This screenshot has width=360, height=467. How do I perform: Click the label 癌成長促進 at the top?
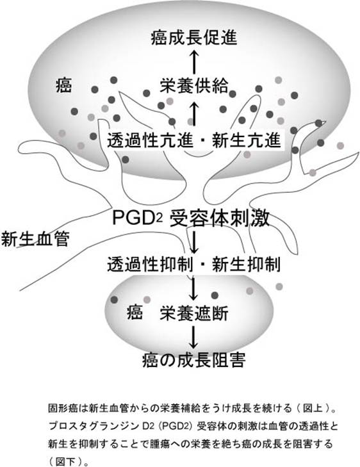click(194, 38)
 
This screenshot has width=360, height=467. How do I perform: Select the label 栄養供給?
click(194, 85)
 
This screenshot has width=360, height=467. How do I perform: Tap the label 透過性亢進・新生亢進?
click(194, 140)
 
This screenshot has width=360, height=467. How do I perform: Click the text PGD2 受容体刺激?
click(191, 218)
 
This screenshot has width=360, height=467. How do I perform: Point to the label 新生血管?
click(35, 238)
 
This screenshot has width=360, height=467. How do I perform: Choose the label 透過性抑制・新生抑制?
click(194, 264)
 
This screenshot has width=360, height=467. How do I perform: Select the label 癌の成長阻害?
click(194, 360)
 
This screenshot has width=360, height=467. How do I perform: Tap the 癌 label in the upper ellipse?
click(63, 85)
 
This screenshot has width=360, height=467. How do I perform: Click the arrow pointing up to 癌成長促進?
click(194, 61)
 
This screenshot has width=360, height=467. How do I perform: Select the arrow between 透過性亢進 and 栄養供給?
click(194, 113)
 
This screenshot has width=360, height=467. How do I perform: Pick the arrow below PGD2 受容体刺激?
click(194, 241)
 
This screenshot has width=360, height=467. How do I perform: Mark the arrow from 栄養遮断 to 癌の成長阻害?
click(194, 337)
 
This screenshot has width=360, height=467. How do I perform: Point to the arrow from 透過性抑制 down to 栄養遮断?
click(194, 288)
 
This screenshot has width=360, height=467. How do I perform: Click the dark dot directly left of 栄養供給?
click(147, 93)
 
